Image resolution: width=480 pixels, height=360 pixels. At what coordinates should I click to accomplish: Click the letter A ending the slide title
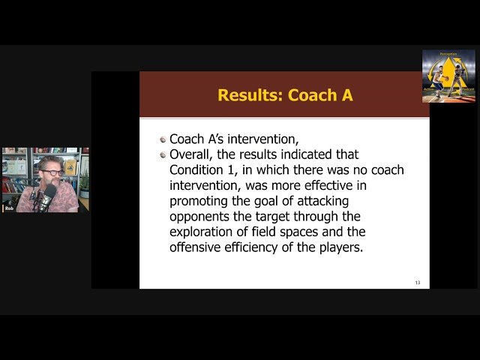pos(346,95)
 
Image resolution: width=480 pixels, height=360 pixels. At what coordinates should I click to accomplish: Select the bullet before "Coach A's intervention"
pos(163,139)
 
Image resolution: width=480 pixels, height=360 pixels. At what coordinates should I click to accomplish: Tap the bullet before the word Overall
pos(163,154)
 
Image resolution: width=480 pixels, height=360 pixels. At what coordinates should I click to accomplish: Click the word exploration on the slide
pos(206,232)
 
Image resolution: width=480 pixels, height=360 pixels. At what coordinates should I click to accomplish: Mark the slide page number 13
pos(418,282)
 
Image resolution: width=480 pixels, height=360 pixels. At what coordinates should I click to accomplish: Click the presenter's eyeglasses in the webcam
pos(53,172)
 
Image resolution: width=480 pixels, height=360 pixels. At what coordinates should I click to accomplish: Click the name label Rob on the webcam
pos(9,208)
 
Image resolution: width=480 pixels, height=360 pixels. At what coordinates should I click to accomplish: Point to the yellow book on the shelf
pos(70,166)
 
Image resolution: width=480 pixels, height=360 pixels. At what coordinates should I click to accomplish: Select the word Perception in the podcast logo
pos(448,54)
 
